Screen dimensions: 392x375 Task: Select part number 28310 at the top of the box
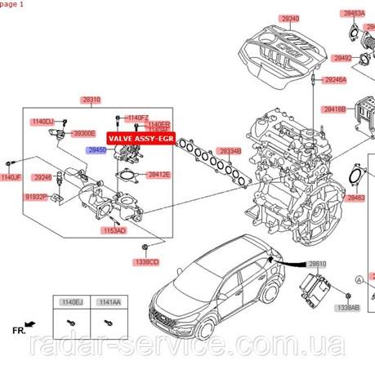pos(91,99)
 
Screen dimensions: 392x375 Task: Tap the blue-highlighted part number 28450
pos(97,151)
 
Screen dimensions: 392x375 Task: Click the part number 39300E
pos(83,132)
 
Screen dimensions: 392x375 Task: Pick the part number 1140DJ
pos(42,122)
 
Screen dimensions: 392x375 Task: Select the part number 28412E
pos(158,174)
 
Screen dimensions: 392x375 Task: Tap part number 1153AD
pos(114,231)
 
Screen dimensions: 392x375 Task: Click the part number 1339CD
pos(146,261)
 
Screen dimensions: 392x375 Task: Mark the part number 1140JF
pos(10,177)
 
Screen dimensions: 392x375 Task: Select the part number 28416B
pos(335,109)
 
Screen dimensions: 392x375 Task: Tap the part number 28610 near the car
pos(316,264)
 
